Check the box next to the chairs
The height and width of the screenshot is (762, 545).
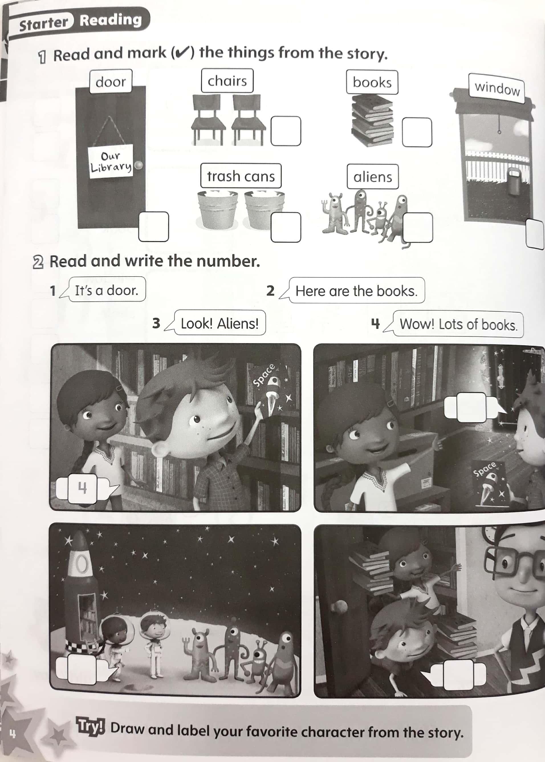(x=286, y=131)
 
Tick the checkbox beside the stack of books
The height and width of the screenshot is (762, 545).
(x=417, y=132)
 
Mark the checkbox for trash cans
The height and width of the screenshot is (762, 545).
(x=286, y=227)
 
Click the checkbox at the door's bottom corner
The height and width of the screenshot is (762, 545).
(x=153, y=227)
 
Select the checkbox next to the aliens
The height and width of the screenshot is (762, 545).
(x=418, y=227)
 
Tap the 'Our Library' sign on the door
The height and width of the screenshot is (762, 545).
(x=111, y=161)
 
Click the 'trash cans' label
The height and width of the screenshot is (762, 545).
(x=241, y=176)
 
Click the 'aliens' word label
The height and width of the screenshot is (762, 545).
(x=373, y=177)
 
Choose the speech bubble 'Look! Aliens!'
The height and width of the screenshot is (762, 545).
(x=219, y=323)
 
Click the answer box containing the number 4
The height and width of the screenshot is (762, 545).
(x=82, y=488)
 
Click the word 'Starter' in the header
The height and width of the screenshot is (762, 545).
(x=43, y=23)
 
